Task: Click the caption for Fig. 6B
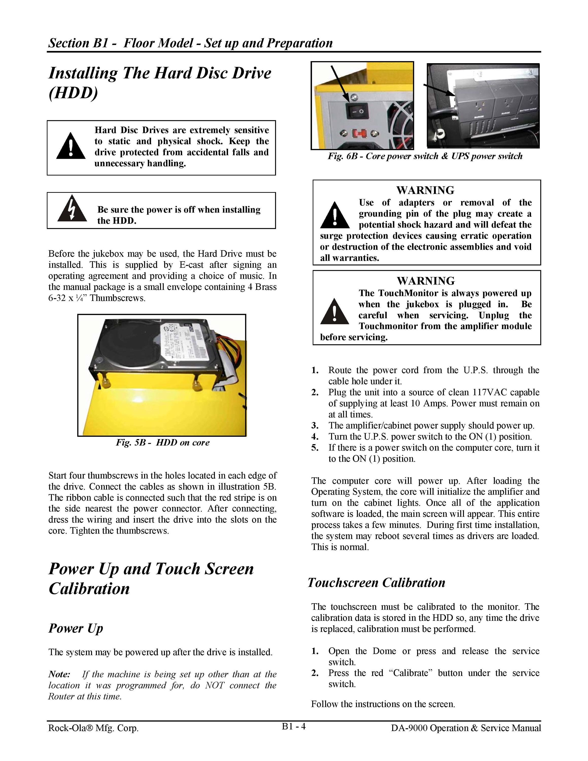click(425, 156)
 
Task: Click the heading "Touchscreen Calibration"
click(376, 583)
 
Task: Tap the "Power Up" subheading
click(76, 628)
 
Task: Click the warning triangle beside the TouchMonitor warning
click(334, 311)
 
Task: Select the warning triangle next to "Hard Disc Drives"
click(71, 146)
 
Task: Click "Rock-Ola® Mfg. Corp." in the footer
click(93, 728)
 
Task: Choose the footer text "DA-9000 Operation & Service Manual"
click(466, 728)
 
